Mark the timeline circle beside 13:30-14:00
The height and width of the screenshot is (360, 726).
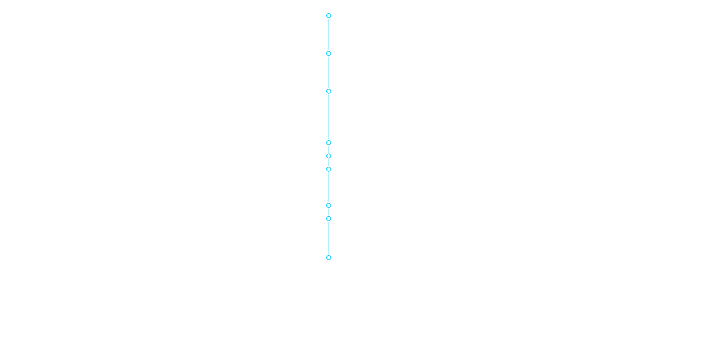click(329, 16)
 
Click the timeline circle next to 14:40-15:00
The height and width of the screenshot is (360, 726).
click(329, 169)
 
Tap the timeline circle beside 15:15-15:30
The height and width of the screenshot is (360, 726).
click(329, 219)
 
